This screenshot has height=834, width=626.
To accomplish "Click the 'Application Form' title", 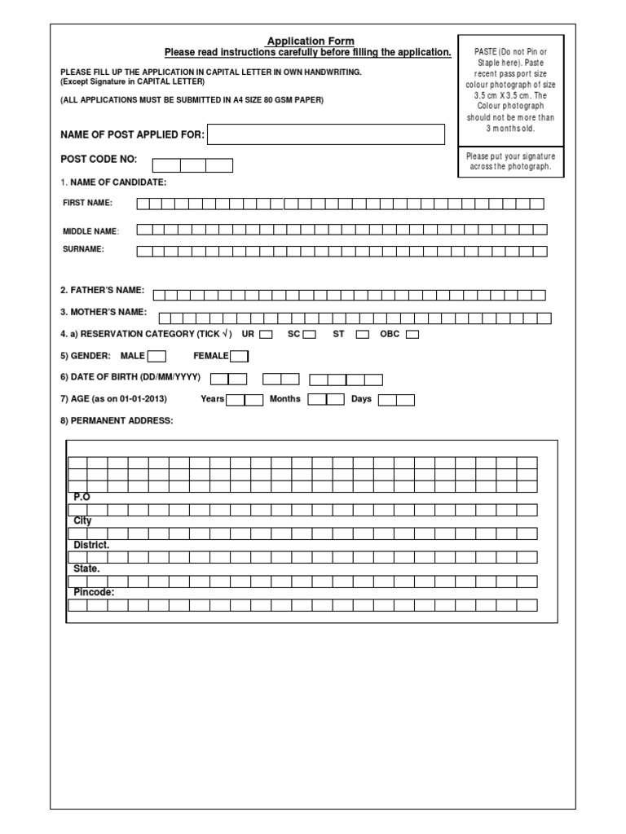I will pyautogui.click(x=311, y=42).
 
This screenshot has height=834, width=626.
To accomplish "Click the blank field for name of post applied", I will pyautogui.click(x=327, y=134).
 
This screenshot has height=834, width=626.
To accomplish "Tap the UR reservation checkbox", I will pyautogui.click(x=266, y=335).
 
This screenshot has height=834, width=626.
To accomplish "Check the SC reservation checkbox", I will pyautogui.click(x=310, y=335).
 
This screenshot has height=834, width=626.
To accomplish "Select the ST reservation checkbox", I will pyautogui.click(x=363, y=335).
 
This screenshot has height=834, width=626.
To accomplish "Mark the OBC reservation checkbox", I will pyautogui.click(x=412, y=335).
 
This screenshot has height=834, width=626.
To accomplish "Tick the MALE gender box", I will pyautogui.click(x=156, y=356).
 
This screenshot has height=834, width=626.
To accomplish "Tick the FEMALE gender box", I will pyautogui.click(x=239, y=356).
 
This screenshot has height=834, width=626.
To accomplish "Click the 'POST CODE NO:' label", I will pyautogui.click(x=99, y=160).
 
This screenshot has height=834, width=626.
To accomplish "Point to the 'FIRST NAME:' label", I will pyautogui.click(x=88, y=203).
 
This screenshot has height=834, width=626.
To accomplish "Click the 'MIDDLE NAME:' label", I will pyautogui.click(x=91, y=231).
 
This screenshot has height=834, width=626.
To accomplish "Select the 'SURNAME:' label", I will pyautogui.click(x=84, y=249).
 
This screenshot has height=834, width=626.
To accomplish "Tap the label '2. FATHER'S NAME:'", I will pyautogui.click(x=103, y=291).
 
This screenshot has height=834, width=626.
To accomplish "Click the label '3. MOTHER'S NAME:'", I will pyautogui.click(x=104, y=312).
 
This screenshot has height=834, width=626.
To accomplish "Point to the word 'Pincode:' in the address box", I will pyautogui.click(x=94, y=592).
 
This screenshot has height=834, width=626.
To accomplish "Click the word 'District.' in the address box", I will pyautogui.click(x=91, y=544).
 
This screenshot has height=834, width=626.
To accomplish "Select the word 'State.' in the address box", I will pyautogui.click(x=86, y=568).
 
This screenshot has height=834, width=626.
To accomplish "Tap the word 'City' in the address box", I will pyautogui.click(x=82, y=520).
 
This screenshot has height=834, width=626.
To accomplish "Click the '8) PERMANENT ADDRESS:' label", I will pyautogui.click(x=117, y=420).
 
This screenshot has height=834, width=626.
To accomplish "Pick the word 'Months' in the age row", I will pyautogui.click(x=285, y=399).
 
